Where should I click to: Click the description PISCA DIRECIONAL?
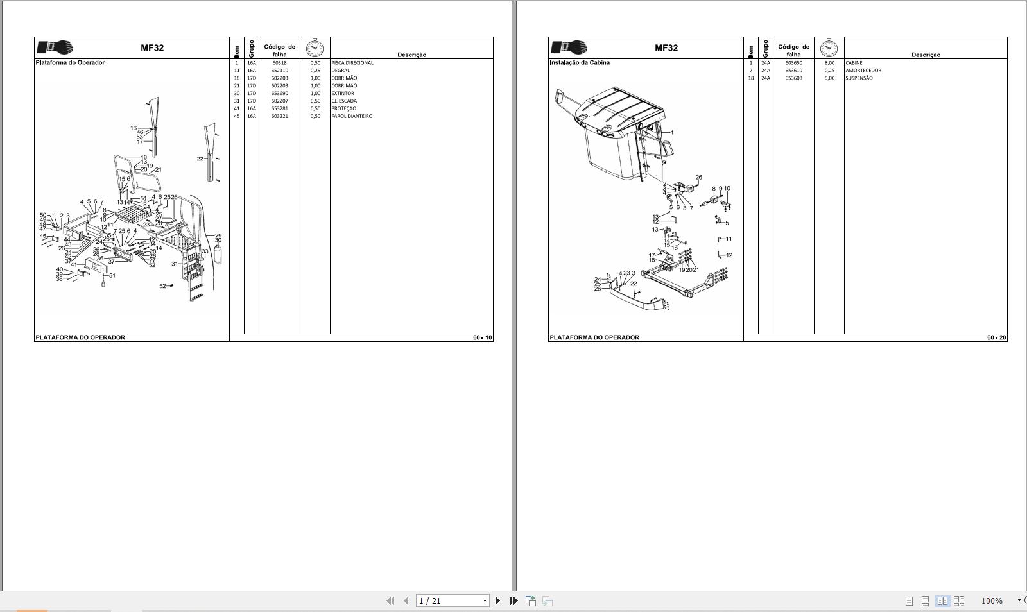(352, 63)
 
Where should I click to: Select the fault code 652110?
(279, 71)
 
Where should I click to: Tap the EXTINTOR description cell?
(343, 94)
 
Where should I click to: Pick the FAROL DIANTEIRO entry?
(352, 117)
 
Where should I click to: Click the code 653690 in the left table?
(279, 94)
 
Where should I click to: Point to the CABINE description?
(854, 63)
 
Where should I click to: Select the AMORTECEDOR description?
(863, 71)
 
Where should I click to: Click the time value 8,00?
(829, 63)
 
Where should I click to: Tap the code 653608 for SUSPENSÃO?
(793, 78)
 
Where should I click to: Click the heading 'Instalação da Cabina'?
(580, 63)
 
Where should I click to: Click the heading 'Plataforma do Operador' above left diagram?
(70, 63)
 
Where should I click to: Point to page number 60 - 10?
(483, 337)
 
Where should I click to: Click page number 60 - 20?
(997, 337)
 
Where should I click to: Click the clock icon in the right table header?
(829, 48)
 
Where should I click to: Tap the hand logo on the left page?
(55, 48)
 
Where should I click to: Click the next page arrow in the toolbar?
(497, 601)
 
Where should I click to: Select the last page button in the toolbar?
(513, 601)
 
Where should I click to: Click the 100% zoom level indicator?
(991, 601)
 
